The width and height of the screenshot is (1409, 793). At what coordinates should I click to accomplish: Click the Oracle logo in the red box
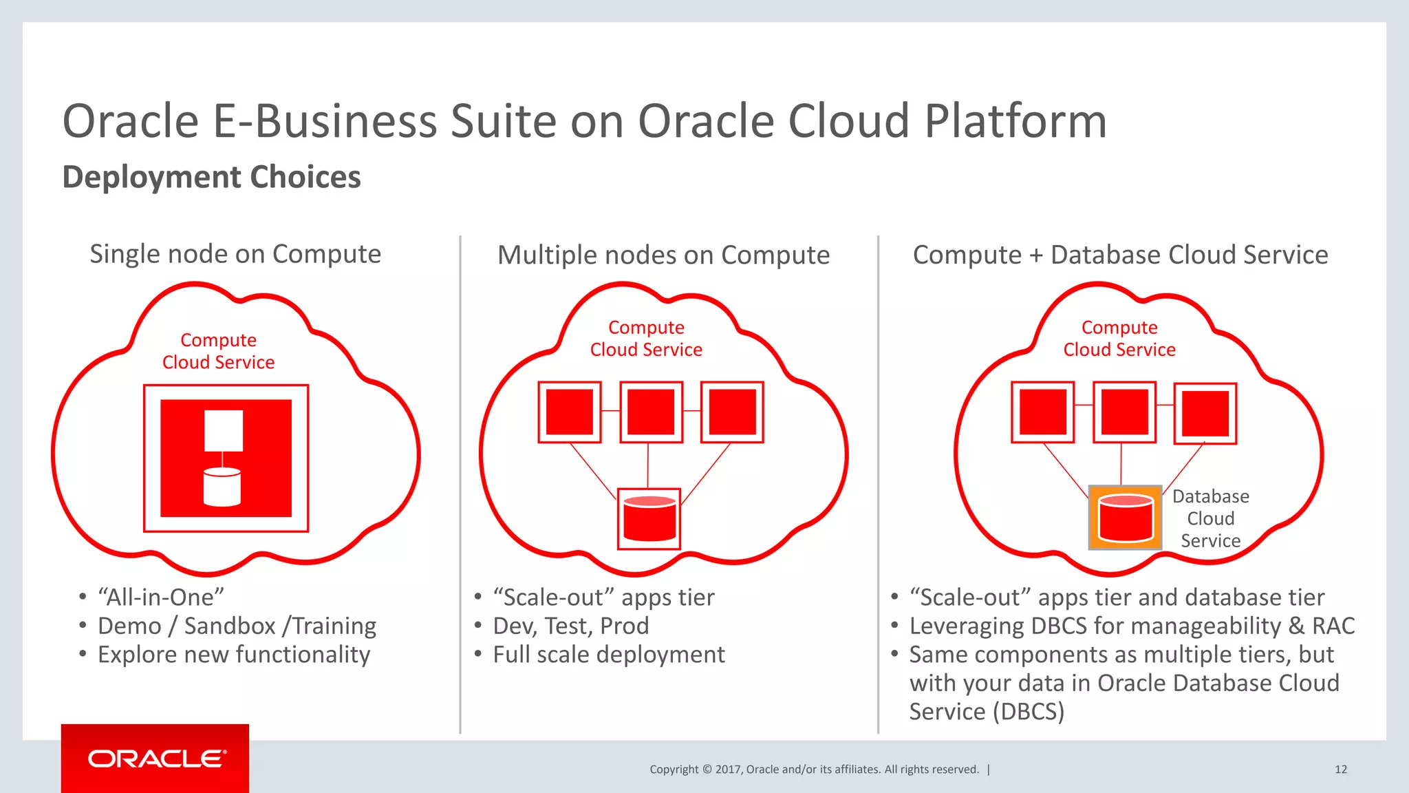(156, 759)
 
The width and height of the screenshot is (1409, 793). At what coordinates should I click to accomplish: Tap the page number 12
(1340, 769)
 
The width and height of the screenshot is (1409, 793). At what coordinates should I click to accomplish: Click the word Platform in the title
(1015, 121)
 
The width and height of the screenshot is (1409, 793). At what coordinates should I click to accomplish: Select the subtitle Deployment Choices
(211, 177)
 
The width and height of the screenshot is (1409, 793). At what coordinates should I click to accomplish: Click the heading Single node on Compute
(235, 254)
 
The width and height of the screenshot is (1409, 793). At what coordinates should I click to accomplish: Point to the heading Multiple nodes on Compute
(663, 255)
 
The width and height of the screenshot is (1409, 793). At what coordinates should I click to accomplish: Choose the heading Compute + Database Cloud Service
(1120, 255)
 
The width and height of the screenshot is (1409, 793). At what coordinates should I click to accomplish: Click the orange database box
(1125, 518)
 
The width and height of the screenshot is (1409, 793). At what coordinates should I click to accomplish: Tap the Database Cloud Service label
(1210, 518)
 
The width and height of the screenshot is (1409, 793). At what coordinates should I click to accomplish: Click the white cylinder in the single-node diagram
(222, 487)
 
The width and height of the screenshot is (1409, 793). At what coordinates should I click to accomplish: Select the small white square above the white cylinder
(224, 431)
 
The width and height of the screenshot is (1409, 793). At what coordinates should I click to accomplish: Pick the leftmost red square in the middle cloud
(569, 412)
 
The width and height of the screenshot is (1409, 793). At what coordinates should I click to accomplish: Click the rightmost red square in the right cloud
(1205, 413)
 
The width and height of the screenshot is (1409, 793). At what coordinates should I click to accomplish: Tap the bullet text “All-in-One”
(161, 597)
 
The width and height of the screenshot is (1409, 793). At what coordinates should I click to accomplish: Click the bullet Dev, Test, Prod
(570, 626)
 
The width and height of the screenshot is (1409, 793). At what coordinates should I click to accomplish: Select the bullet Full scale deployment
(608, 654)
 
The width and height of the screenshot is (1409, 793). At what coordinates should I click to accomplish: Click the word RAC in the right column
(1333, 626)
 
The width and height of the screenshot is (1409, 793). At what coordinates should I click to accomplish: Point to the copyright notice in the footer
(814, 769)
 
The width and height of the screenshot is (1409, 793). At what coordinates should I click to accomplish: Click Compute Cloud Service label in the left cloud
(218, 351)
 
